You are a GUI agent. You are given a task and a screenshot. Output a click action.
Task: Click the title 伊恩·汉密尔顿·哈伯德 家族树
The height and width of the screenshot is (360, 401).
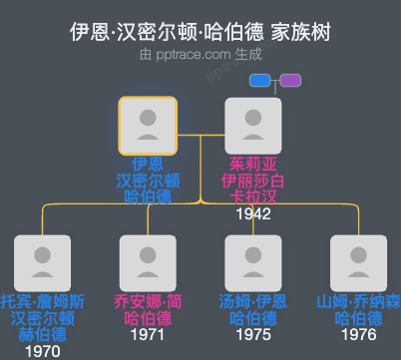pyautogui.click(x=200, y=33)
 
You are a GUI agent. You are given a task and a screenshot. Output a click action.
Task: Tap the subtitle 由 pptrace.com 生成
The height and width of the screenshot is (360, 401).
pyautogui.click(x=200, y=57)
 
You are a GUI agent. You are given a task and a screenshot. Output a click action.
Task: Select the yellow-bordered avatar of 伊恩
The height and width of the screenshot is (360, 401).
pyautogui.click(x=148, y=125)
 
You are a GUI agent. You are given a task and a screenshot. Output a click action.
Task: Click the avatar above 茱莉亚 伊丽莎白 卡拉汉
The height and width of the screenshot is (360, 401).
pyautogui.click(x=253, y=125)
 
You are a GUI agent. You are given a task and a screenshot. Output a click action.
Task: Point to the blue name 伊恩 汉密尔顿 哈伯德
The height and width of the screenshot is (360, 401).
pyautogui.click(x=148, y=180)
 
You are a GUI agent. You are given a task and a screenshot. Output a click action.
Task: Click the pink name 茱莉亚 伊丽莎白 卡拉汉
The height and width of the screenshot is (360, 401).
pyautogui.click(x=253, y=180)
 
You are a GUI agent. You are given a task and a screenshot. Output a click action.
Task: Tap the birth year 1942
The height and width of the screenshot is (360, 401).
pyautogui.click(x=253, y=213)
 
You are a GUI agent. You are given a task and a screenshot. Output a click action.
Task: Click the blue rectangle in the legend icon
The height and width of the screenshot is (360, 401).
pyautogui.click(x=260, y=80)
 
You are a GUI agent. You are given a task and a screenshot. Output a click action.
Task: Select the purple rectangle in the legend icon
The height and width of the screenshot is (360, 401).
pyautogui.click(x=291, y=80)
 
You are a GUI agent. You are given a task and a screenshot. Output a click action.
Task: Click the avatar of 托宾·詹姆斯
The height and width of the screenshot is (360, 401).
pyautogui.click(x=42, y=262)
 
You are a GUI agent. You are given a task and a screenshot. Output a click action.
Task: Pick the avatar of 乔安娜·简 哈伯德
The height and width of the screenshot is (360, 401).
pyautogui.click(x=148, y=262)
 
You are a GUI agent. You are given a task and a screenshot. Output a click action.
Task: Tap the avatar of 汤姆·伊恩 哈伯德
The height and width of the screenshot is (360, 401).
pyautogui.click(x=253, y=262)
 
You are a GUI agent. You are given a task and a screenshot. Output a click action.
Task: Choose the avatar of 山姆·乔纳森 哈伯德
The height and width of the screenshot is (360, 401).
pyautogui.click(x=359, y=262)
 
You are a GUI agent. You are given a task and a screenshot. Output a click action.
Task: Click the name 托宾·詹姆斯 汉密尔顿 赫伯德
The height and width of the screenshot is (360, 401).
pyautogui.click(x=42, y=317)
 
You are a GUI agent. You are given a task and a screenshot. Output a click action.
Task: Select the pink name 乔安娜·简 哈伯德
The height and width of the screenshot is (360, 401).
pyautogui.click(x=148, y=309)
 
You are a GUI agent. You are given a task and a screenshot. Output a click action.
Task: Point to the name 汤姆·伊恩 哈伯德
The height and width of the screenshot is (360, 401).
pyautogui.click(x=253, y=309)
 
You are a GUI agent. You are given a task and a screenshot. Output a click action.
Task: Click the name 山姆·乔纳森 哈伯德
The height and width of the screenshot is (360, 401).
pyautogui.click(x=359, y=309)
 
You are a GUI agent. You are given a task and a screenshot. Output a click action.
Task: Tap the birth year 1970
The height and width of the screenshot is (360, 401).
pyautogui.click(x=42, y=351)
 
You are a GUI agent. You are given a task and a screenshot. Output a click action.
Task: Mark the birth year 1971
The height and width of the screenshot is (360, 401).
pyautogui.click(x=148, y=335)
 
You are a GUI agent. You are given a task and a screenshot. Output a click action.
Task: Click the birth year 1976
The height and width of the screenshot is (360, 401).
pyautogui.click(x=359, y=335)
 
